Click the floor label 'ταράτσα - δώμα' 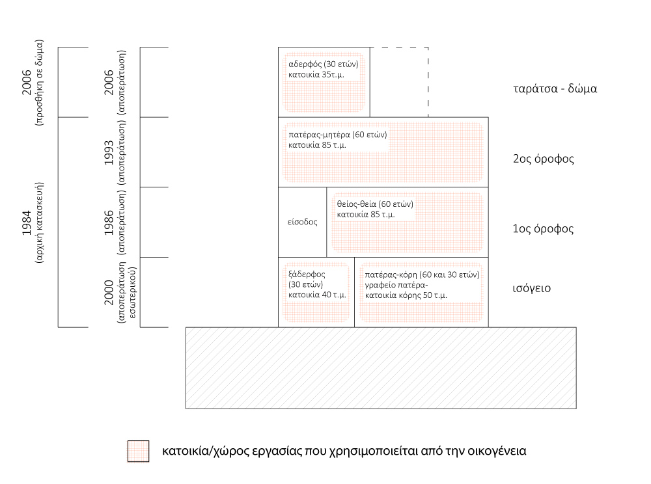click(x=555, y=89)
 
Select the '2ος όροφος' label click(x=544, y=159)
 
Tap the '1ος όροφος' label click(x=544, y=229)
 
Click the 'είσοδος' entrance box click(x=303, y=222)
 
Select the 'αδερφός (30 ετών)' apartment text click(x=323, y=64)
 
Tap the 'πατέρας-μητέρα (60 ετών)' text click(x=338, y=135)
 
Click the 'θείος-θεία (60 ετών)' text click(x=375, y=204)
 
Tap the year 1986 click(x=109, y=221)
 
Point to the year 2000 click(x=109, y=291)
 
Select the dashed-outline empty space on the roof click(x=399, y=82)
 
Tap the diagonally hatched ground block click(x=381, y=368)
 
